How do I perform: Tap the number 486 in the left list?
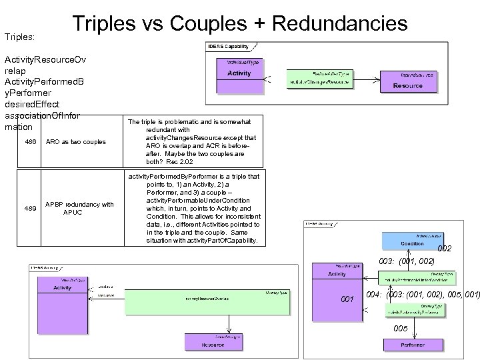(30, 141)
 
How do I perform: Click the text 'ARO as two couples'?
(75, 141)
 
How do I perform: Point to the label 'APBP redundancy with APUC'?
(79, 208)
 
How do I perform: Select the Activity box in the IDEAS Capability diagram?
(239, 77)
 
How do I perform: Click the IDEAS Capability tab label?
(229, 47)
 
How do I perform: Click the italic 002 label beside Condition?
(445, 249)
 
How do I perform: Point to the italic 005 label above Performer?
(401, 329)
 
